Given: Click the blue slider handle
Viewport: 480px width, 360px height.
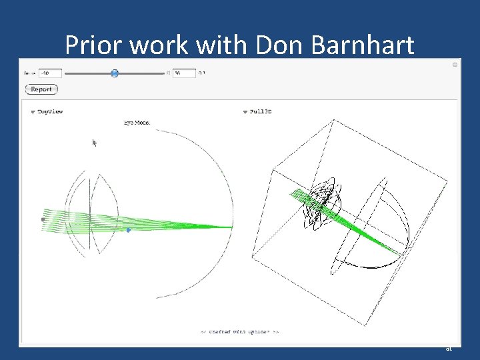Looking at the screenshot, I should pos(115,73).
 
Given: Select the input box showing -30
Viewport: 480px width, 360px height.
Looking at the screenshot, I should pos(50,73).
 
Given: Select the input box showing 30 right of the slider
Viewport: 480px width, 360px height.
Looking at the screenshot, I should pos(184,73).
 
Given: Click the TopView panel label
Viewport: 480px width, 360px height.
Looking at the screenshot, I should pos(50,112).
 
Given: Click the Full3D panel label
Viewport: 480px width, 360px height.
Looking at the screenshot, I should pos(261,112).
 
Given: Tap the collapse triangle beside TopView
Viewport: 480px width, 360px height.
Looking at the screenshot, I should pos(33,113).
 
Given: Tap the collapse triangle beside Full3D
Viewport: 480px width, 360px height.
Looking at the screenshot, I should pos(245,113).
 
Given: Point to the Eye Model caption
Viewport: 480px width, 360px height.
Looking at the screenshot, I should pos(137,123).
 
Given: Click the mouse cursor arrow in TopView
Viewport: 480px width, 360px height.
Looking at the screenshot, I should pos(95,142).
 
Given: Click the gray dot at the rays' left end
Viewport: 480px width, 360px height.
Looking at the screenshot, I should pos(43,219).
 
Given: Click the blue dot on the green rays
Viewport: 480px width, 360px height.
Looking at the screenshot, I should pos(129,230).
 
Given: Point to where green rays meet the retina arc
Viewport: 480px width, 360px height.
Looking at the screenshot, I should pos(231,227).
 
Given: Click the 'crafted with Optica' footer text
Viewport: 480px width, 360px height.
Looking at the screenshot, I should pos(239,331).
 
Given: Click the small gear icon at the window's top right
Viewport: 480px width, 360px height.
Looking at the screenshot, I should pos(455,65).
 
